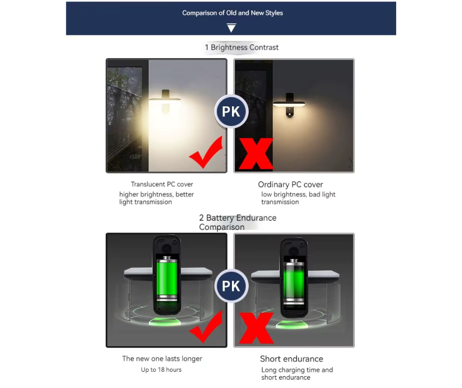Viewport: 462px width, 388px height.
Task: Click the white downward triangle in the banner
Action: pos(231,28)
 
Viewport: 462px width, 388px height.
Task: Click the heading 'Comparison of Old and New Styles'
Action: pos(232,13)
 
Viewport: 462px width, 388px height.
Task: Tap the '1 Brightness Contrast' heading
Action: pos(242,48)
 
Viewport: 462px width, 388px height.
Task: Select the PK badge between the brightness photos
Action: pos(231,111)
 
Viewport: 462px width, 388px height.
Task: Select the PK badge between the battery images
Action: pos(231,286)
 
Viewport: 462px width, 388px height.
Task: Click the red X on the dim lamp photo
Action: pos(256,154)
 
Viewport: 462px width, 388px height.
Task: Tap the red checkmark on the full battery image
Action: pos(206,327)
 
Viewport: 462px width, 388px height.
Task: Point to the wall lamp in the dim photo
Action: pos(289,105)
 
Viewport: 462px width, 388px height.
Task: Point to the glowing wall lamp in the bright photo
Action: pos(165,100)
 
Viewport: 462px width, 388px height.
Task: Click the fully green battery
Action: pos(167,279)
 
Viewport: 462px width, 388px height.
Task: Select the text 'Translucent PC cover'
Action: pos(162,184)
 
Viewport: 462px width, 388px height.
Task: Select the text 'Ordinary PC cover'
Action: pos(290,185)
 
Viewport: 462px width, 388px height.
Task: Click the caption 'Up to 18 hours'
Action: pos(161,370)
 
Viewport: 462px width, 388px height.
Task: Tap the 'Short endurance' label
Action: pos(291,359)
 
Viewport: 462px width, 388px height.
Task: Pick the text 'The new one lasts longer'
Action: pos(162,358)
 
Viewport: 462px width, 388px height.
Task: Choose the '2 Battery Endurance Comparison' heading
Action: pos(238,223)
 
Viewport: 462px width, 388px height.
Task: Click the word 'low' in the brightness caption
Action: pos(266,194)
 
